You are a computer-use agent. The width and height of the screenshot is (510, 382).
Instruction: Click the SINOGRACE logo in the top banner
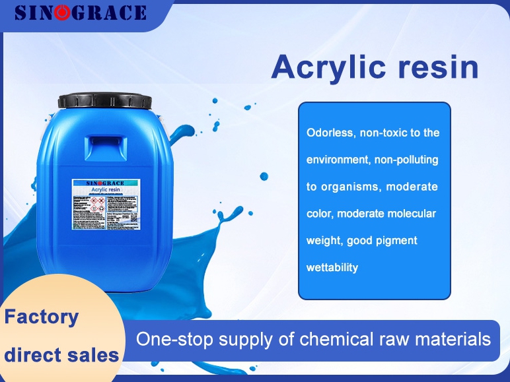(80, 13)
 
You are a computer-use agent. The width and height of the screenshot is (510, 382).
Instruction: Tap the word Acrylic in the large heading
(336, 67)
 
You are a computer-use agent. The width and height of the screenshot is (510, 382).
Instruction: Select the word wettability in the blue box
(332, 267)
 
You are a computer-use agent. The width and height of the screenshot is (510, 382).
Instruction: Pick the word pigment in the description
(397, 241)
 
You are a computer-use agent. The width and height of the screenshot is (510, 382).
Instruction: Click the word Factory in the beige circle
(41, 317)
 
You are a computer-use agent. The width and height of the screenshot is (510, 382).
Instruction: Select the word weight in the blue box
(322, 241)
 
